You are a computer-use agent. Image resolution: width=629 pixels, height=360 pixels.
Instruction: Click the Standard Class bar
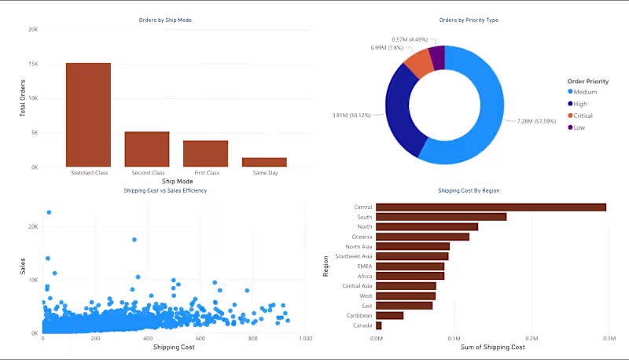click(x=88, y=115)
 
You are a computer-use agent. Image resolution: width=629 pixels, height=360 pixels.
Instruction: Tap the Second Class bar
click(x=147, y=149)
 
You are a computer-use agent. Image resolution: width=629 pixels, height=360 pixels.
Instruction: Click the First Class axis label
click(x=205, y=172)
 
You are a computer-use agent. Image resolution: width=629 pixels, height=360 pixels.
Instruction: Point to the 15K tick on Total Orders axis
click(x=32, y=64)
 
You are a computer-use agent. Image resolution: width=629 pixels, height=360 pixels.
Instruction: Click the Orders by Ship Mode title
click(x=166, y=20)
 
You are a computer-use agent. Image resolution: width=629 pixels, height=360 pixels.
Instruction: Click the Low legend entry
click(x=580, y=127)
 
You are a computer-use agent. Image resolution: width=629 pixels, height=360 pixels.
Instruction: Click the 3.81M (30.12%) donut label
click(x=351, y=115)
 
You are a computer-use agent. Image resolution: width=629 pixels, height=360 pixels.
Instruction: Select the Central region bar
click(x=491, y=207)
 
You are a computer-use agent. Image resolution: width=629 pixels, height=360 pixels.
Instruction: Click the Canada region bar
click(x=379, y=325)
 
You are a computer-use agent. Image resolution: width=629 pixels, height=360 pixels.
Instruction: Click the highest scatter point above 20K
click(x=49, y=211)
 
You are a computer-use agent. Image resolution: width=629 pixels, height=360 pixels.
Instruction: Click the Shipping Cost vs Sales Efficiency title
click(x=166, y=190)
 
